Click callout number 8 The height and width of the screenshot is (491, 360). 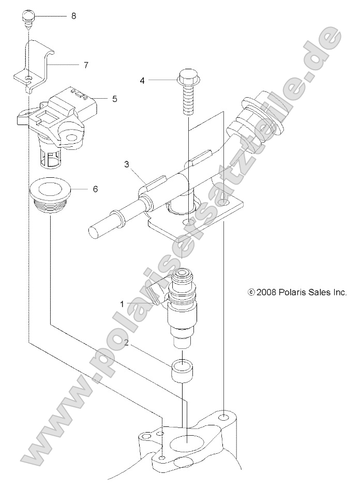[73, 16]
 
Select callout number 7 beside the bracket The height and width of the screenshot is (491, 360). [86, 65]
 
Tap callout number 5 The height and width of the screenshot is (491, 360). [114, 98]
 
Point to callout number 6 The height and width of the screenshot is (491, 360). [95, 189]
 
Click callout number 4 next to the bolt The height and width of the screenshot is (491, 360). [142, 80]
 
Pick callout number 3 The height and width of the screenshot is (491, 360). [126, 165]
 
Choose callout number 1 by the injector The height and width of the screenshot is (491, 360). [122, 304]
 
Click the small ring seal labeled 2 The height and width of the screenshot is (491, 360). [182, 370]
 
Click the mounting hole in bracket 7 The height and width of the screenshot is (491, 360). [29, 79]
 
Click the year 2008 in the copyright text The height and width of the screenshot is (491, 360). [267, 292]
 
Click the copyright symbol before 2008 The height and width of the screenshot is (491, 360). [251, 293]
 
